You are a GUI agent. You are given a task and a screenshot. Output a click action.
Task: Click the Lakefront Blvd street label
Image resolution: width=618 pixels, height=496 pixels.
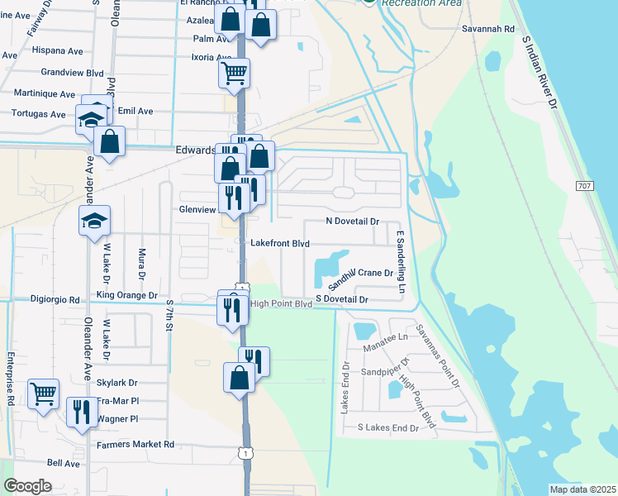tap(279, 244)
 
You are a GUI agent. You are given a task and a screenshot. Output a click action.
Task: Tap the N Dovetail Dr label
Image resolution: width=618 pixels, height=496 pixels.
tap(352, 222)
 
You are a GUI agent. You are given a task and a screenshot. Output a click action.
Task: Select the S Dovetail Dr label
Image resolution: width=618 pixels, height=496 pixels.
tap(340, 299)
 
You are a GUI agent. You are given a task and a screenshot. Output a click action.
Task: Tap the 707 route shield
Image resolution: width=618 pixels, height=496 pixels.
tap(585, 187)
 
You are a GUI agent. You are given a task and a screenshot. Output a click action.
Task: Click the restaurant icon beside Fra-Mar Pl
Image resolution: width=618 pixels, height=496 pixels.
tap(81, 410)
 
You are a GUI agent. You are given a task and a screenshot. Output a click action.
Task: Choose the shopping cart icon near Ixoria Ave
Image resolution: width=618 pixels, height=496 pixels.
tap(234, 73)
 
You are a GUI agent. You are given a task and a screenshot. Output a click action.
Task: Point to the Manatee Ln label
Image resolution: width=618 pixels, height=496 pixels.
tap(386, 337)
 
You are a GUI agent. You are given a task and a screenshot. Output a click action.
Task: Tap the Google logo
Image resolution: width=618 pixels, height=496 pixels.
tap(27, 486)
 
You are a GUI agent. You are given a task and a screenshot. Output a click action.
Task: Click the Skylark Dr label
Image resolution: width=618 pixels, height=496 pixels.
tap(116, 383)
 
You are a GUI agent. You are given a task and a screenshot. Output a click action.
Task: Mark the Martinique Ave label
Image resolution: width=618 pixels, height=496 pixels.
tap(43, 95)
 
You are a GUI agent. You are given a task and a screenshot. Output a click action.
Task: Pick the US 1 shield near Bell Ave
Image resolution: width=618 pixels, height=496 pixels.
tap(244, 452)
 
